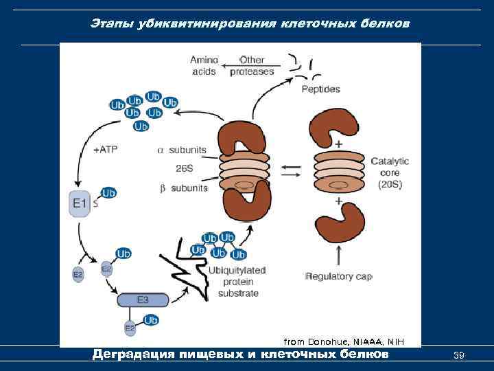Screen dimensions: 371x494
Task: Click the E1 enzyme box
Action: (80, 204)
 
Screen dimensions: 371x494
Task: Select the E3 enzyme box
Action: (143, 300)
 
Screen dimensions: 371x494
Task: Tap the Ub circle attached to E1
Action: (108, 194)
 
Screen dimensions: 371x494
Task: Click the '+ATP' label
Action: (104, 148)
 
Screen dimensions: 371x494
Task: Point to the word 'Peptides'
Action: (320, 89)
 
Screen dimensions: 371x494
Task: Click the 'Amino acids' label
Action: (204, 66)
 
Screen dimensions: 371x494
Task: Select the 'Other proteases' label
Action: (251, 66)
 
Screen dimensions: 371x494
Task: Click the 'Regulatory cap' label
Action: (338, 276)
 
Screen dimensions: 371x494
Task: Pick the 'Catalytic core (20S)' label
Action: (389, 172)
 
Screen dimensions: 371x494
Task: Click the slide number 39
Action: (460, 355)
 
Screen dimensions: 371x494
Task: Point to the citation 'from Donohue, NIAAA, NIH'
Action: (344, 341)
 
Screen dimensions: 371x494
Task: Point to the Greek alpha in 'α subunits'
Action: (161, 149)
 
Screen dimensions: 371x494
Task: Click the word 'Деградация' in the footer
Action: (133, 355)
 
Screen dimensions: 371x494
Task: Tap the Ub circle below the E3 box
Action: (151, 320)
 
